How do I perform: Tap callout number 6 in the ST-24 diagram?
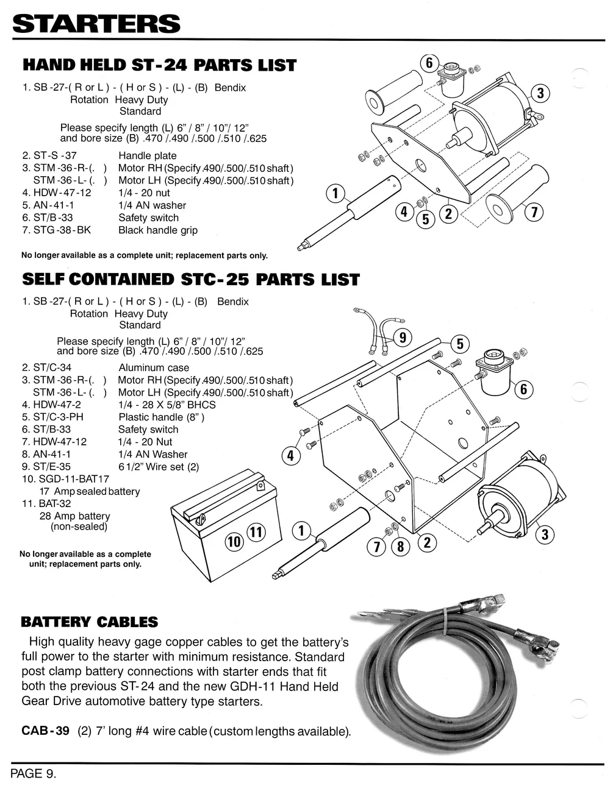[429, 63]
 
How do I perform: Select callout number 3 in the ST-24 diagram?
[540, 94]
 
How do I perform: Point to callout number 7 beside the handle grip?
[534, 213]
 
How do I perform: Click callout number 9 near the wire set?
[403, 337]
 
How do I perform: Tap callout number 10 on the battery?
[234, 541]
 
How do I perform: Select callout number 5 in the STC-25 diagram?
[460, 344]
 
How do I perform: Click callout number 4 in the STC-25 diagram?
[290, 456]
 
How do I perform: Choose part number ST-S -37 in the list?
[55, 156]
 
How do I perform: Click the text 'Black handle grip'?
[158, 230]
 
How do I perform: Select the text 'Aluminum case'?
[154, 367]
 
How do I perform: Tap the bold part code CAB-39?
[46, 731]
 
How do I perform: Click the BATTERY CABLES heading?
[90, 622]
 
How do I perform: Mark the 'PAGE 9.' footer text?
[34, 774]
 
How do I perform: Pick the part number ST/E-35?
[54, 467]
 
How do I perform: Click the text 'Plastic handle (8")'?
[161, 417]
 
